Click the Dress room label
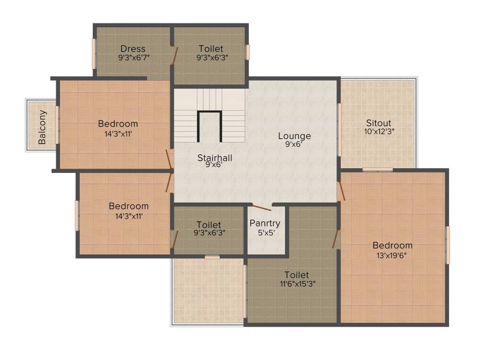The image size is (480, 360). [133, 49]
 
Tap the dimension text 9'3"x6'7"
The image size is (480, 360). [134, 58]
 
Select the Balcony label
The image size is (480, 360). [42, 127]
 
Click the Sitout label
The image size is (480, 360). [379, 123]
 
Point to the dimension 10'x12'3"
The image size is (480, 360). [379, 132]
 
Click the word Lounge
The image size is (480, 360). [294, 136]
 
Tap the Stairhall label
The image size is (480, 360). [215, 158]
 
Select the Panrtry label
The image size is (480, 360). [265, 224]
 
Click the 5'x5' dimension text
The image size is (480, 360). [266, 233]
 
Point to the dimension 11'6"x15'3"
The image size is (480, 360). [298, 284]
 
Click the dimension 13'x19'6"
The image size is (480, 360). [391, 255]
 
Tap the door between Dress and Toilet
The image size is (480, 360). [174, 56]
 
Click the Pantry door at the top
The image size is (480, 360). [262, 207]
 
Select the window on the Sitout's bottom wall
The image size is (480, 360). [378, 170]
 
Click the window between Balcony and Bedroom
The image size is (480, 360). [57, 124]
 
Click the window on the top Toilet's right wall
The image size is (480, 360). [247, 52]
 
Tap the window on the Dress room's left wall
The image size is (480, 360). [94, 53]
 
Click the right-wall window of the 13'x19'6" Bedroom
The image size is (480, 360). [448, 245]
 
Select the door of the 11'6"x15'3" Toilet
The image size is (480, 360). [336, 239]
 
